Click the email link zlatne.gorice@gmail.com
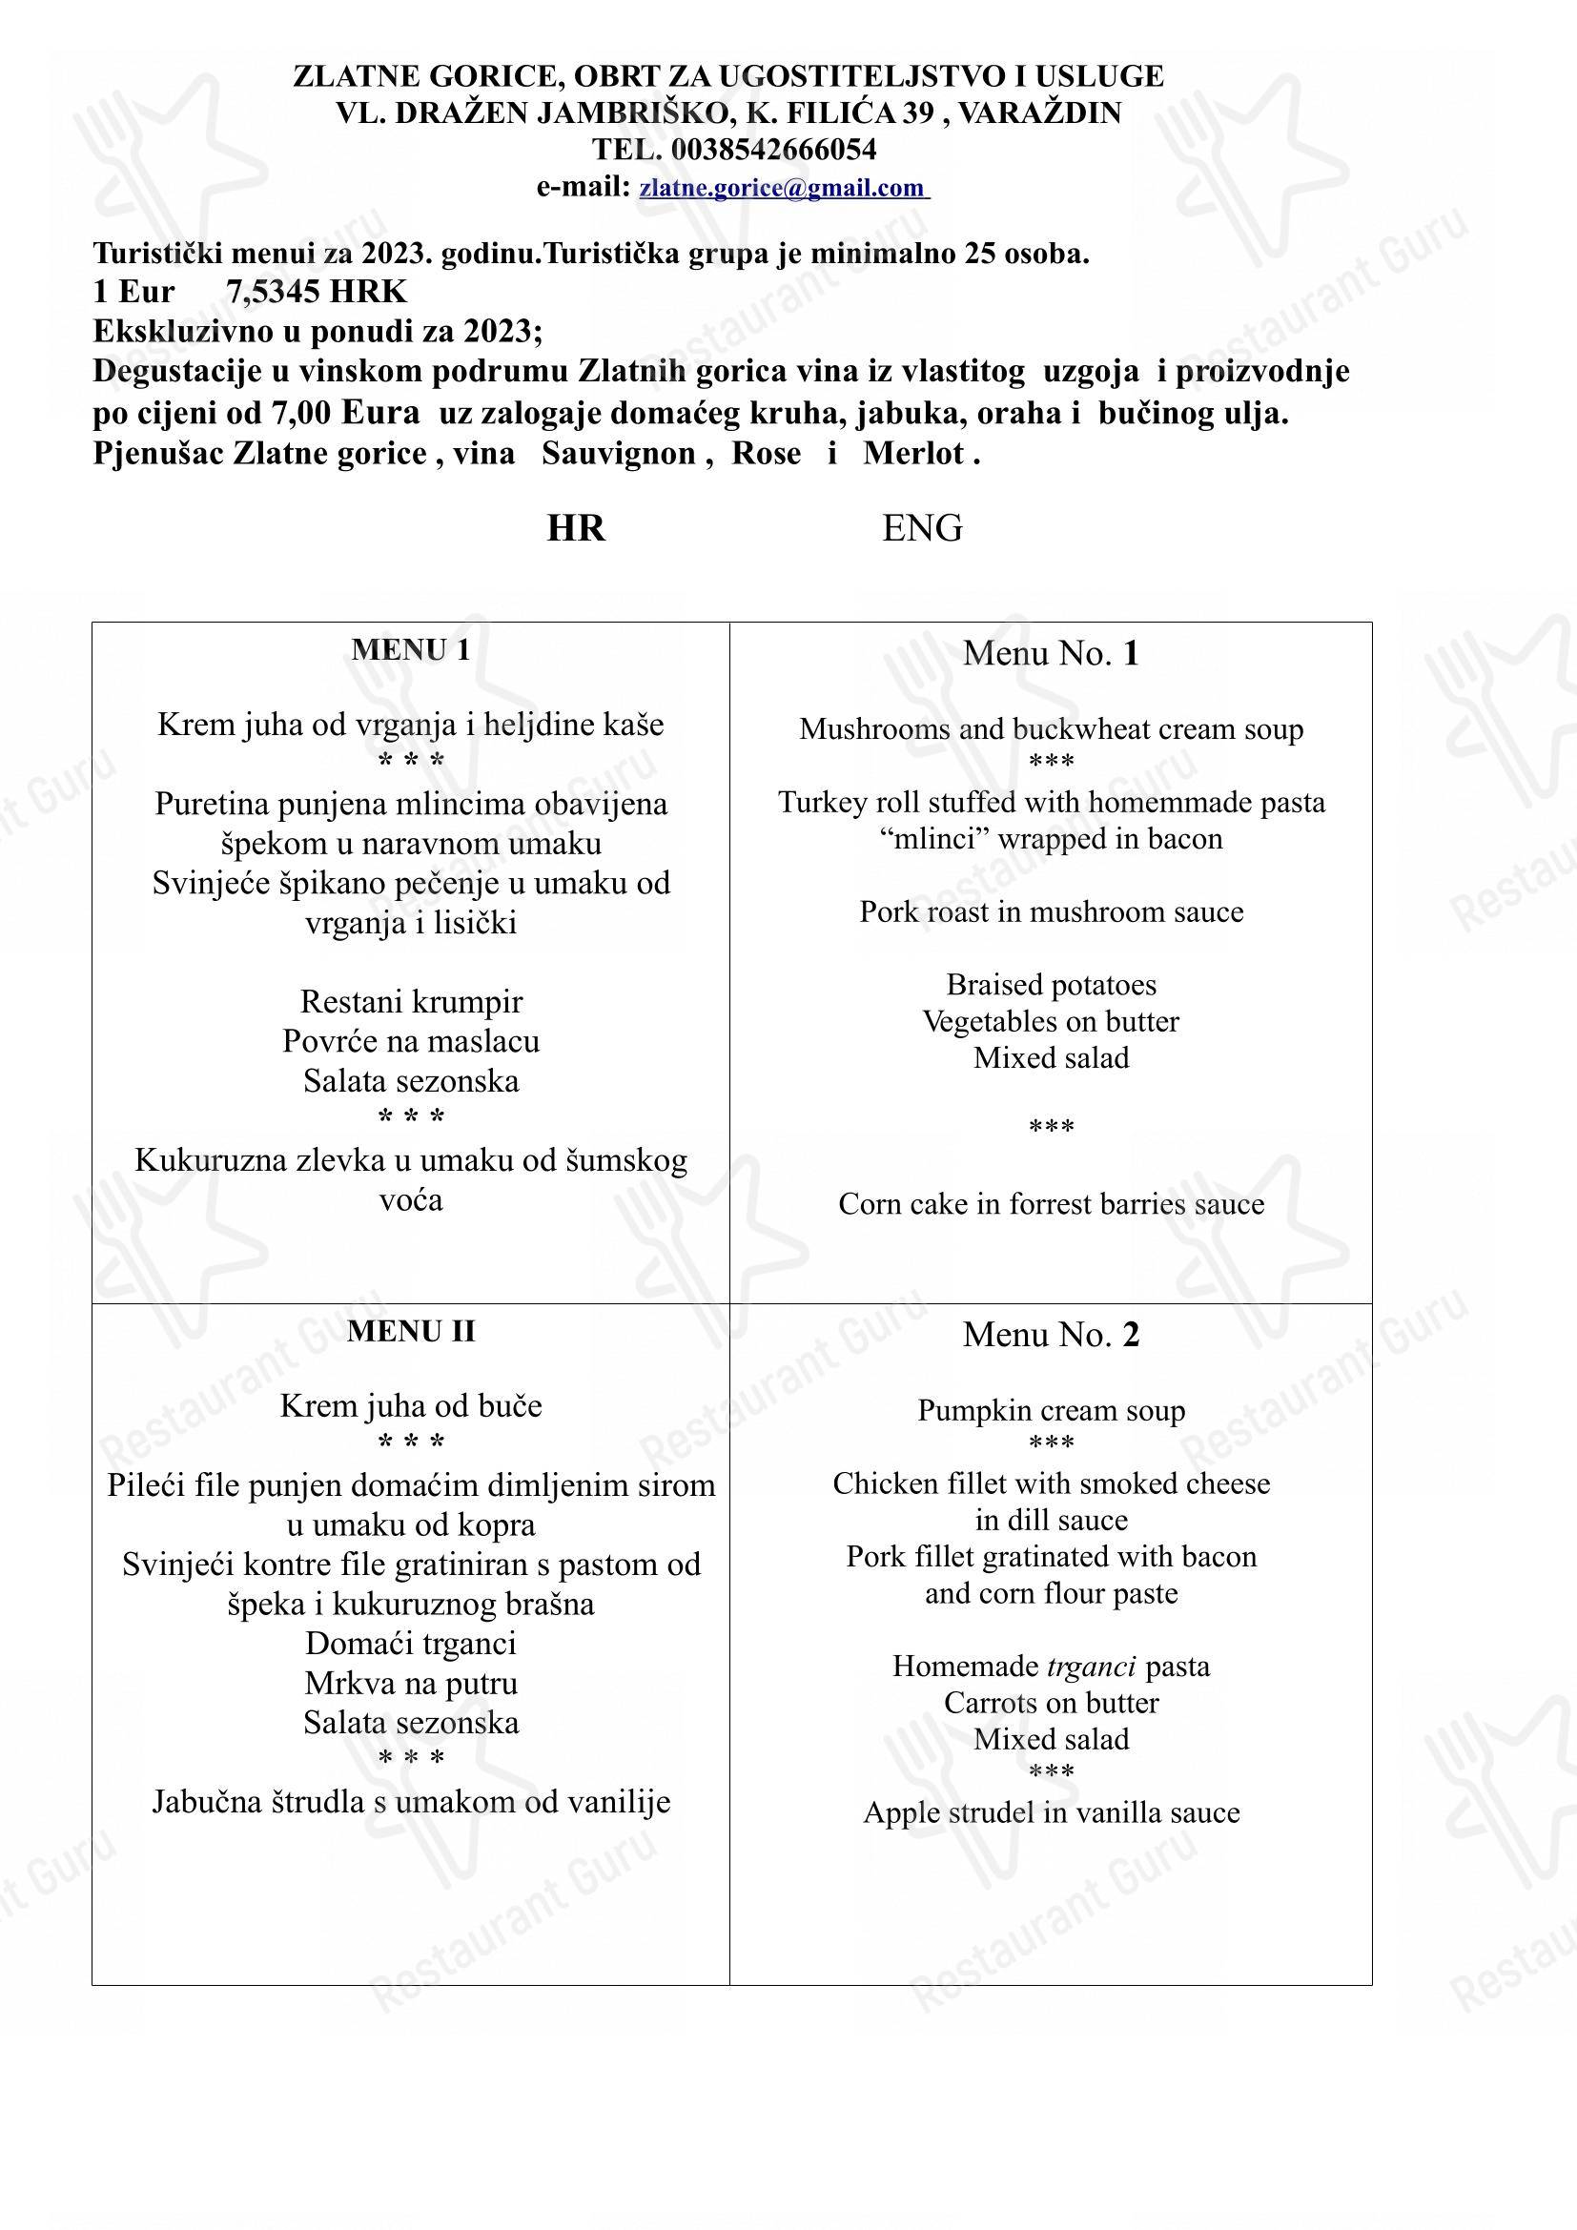coord(783,188)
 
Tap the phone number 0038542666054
coord(773,150)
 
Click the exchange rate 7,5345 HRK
coord(317,292)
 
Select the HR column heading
coord(576,528)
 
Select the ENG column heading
coord(922,528)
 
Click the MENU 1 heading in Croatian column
coord(411,651)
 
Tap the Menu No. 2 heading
coord(1051,1336)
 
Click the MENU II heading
coord(411,1332)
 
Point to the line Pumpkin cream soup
coord(1051,1410)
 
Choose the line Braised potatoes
coord(1051,985)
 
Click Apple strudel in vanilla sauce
coord(1051,1812)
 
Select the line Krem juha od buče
coord(411,1405)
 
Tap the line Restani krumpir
coord(411,1001)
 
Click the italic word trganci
coord(1092,1667)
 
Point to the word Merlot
coord(913,454)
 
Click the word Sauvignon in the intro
coord(619,454)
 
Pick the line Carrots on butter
coord(1051,1703)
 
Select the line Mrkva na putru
coord(411,1683)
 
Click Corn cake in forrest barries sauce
coord(1051,1204)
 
